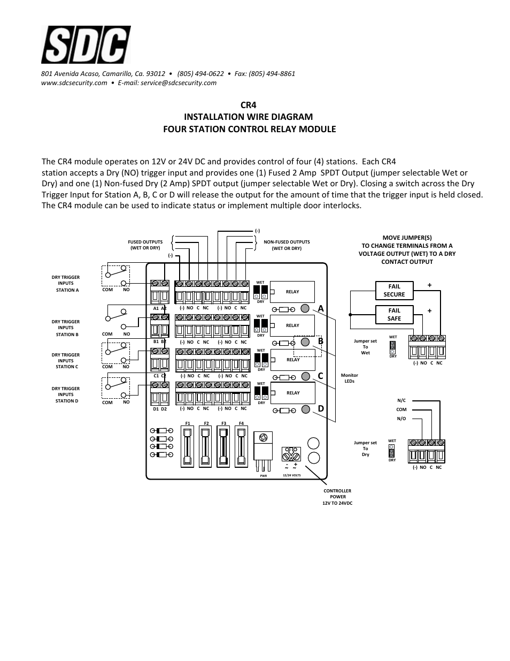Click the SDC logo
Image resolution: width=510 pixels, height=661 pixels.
click(x=86, y=45)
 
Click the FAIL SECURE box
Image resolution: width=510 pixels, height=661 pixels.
click(x=394, y=290)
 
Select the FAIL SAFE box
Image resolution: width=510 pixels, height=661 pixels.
click(x=394, y=314)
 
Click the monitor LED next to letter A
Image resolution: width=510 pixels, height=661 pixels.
click(x=305, y=308)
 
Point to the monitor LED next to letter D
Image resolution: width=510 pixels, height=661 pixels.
click(x=305, y=409)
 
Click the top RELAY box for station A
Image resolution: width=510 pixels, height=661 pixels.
click(x=292, y=292)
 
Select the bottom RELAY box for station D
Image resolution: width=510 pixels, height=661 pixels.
click(x=292, y=393)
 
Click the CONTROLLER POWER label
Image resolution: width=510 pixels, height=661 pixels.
click(x=337, y=497)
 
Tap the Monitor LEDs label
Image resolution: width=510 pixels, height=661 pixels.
click(x=349, y=378)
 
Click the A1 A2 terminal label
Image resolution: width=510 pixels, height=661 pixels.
click(x=160, y=308)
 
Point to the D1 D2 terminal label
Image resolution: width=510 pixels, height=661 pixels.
click(x=160, y=409)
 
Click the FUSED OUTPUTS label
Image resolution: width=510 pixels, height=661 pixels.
click(x=145, y=245)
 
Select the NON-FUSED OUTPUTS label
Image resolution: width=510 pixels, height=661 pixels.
click(x=287, y=245)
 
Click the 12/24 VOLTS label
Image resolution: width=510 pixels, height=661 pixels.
click(x=291, y=475)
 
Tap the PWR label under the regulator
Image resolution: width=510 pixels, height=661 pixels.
click(x=263, y=475)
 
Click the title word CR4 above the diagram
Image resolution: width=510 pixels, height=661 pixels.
click(x=249, y=105)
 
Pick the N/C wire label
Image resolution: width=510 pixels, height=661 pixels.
click(x=401, y=400)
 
